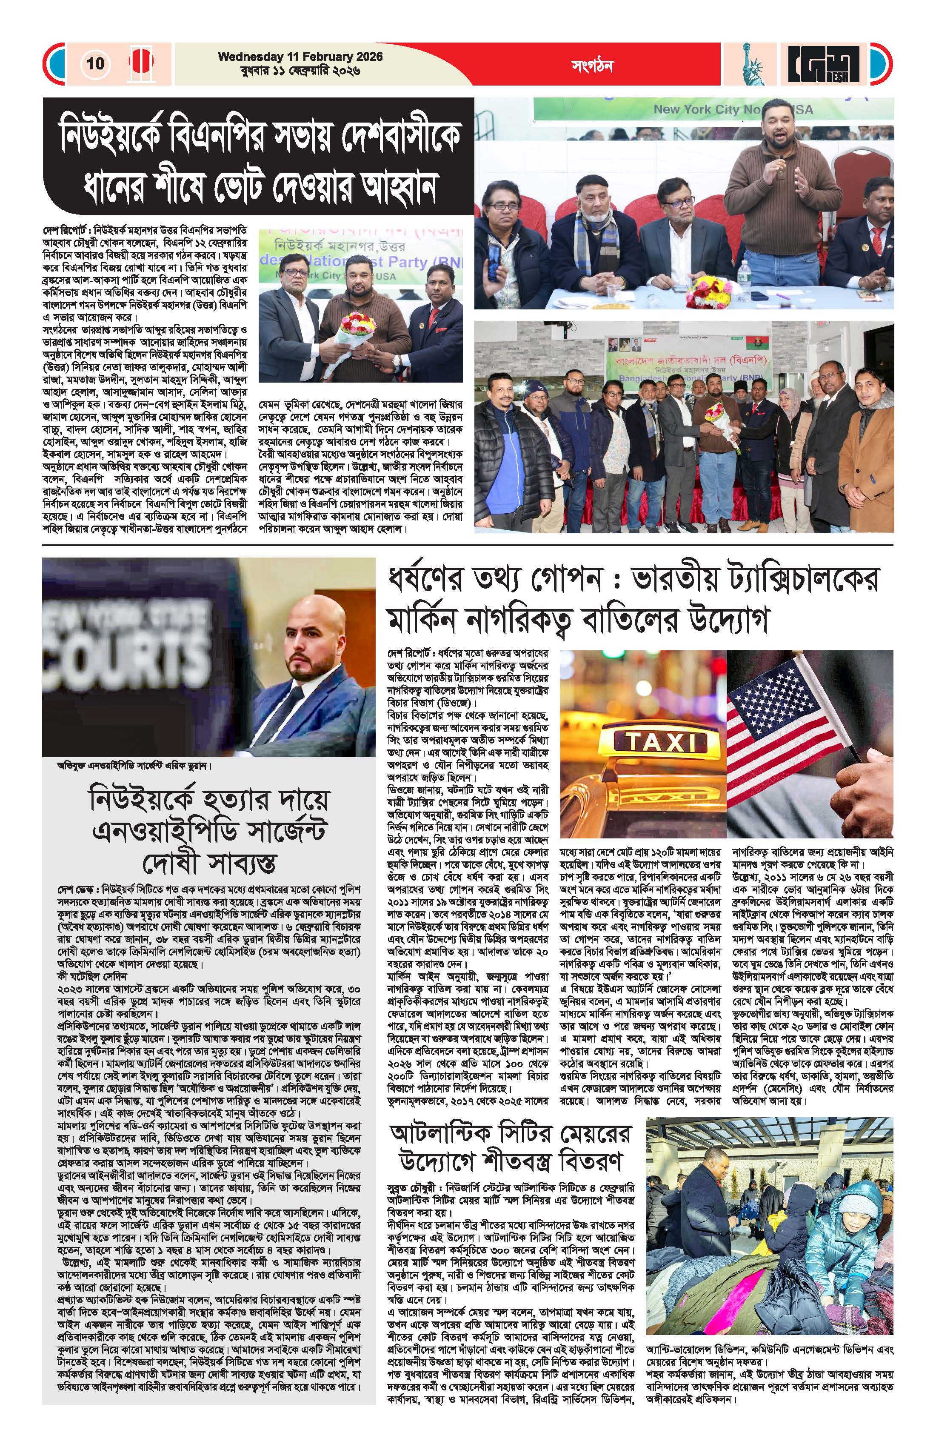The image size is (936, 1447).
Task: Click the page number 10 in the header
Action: click(95, 63)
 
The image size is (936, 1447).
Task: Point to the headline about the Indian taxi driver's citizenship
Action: click(632, 599)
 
